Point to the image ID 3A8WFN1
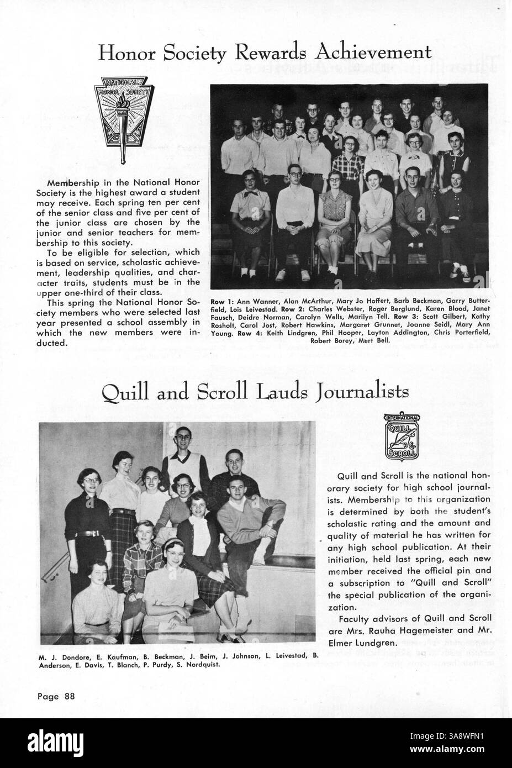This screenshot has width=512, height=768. (x=467, y=736)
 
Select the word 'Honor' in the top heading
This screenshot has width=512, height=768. (x=126, y=53)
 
